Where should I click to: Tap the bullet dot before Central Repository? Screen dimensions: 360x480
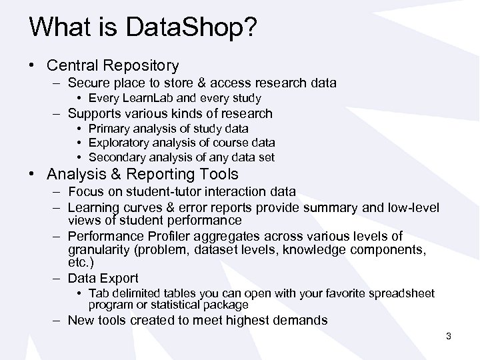point(33,65)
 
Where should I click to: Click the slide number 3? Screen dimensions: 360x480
point(449,336)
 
